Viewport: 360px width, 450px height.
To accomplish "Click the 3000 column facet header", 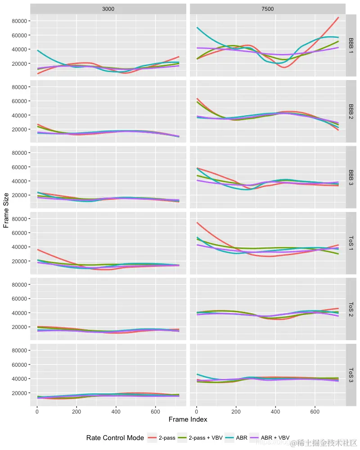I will click(x=108, y=9).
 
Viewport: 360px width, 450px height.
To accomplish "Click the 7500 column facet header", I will click(x=267, y=9).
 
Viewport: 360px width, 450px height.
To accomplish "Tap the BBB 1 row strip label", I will click(x=351, y=46).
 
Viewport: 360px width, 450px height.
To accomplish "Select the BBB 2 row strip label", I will click(x=351, y=112).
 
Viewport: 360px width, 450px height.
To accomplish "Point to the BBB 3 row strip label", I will click(x=351, y=178).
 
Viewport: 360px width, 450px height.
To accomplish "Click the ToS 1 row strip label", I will click(x=351, y=243).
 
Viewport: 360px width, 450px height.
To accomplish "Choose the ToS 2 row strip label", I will click(x=351, y=309).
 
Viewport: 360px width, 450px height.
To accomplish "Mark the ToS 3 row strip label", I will click(x=351, y=375).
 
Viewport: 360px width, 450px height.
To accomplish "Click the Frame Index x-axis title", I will click(x=188, y=419).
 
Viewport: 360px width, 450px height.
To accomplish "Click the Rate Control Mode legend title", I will click(x=115, y=438).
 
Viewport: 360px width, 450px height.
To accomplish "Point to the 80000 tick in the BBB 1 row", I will click(x=19, y=21).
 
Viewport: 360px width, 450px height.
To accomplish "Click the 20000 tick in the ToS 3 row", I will click(x=19, y=393).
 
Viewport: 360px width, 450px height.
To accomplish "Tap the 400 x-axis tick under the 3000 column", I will click(x=116, y=411).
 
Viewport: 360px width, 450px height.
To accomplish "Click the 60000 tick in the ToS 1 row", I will click(x=19, y=233).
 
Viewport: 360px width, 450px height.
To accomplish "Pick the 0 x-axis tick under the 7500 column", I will click(x=196, y=411).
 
